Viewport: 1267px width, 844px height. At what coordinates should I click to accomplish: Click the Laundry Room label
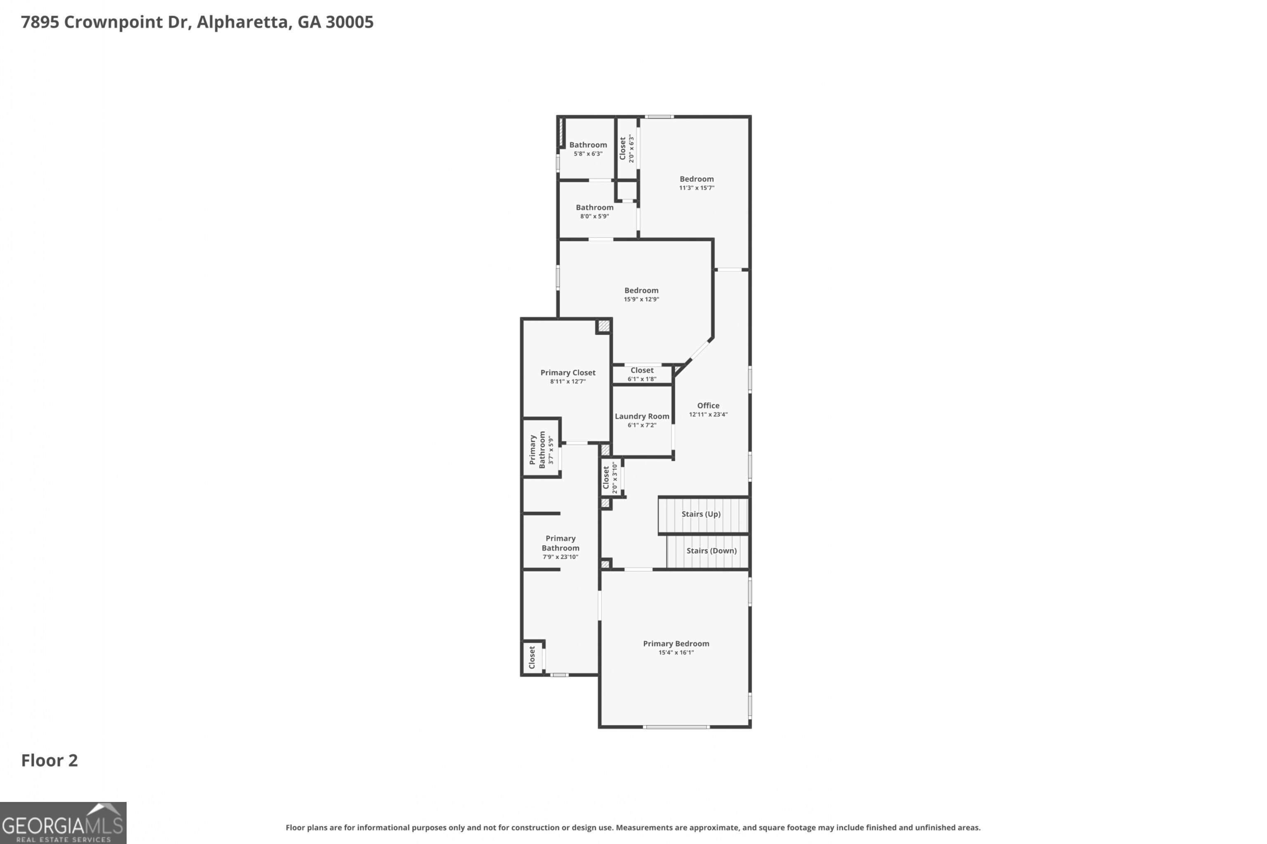tap(642, 416)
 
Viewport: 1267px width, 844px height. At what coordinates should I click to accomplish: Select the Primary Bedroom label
tap(676, 643)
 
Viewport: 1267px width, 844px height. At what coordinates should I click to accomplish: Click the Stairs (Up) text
tap(701, 513)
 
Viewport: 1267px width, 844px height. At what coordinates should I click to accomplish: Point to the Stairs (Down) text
tap(711, 550)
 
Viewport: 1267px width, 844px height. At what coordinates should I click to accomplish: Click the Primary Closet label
tap(568, 373)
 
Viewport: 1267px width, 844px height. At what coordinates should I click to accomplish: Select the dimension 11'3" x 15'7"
tap(697, 188)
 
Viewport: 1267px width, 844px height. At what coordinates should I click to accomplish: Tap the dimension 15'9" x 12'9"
tap(641, 299)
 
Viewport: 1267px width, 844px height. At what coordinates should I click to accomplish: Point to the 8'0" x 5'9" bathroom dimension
tap(594, 216)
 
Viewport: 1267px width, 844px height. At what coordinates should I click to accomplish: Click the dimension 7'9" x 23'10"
tap(560, 557)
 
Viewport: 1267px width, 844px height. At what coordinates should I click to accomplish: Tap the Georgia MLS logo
tap(63, 823)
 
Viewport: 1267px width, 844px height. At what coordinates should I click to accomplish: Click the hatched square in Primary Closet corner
tap(604, 326)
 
